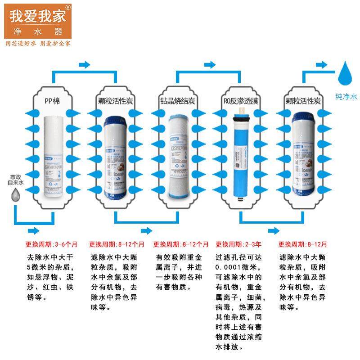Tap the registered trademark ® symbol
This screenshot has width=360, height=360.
tap(68, 8)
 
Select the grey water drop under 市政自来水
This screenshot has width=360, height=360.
tap(16, 194)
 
